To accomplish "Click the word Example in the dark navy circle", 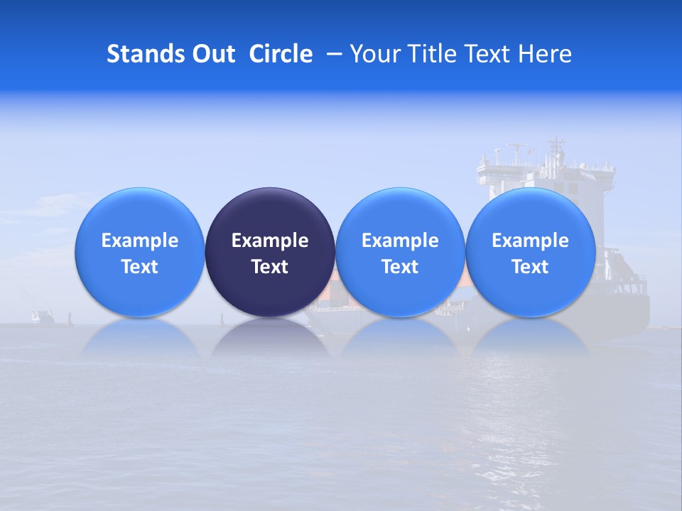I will tap(270, 241).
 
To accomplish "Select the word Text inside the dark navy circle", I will tap(270, 267).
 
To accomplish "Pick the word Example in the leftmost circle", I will tap(140, 241).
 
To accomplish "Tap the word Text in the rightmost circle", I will tap(530, 267).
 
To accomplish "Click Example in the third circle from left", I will tap(400, 241).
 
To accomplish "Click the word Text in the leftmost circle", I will tap(140, 267).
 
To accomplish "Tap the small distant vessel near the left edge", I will tap(42, 316).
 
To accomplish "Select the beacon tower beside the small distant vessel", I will tap(69, 317).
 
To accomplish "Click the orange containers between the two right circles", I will tap(465, 280).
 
